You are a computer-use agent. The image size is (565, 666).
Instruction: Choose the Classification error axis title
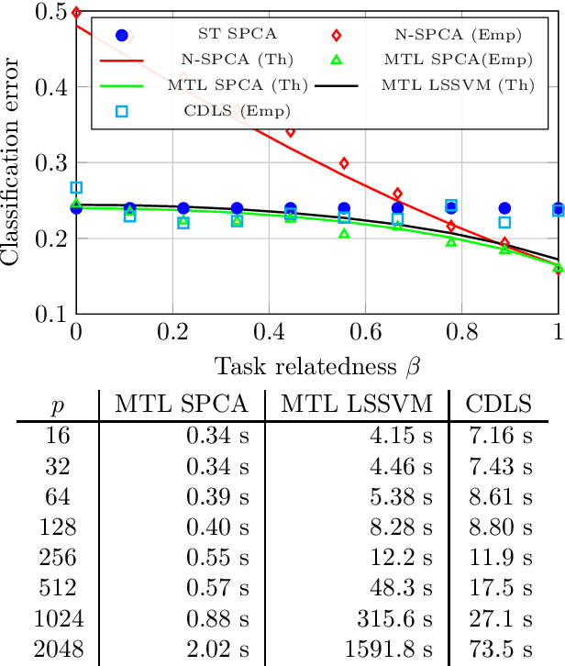click(x=13, y=162)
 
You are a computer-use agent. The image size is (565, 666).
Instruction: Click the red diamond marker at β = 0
click(x=76, y=13)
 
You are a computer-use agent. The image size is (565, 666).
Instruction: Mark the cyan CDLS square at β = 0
click(x=76, y=188)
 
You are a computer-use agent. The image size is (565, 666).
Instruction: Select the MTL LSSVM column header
click(x=356, y=405)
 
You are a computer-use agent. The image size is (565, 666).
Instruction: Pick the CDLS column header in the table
click(x=501, y=405)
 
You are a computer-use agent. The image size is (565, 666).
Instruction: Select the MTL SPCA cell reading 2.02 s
click(x=216, y=652)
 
